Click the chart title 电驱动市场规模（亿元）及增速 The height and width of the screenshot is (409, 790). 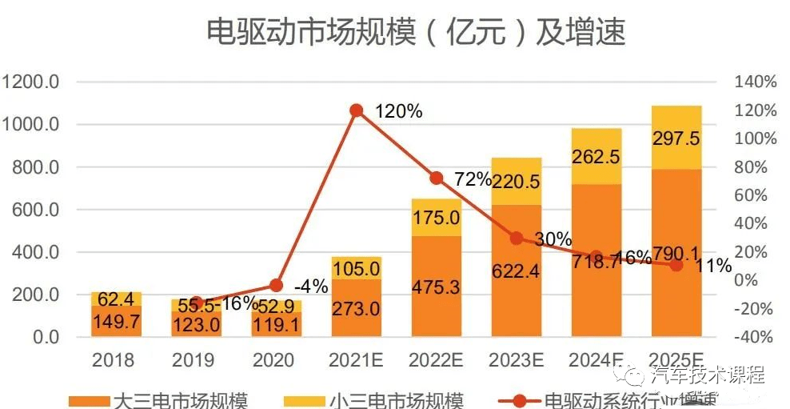(x=415, y=32)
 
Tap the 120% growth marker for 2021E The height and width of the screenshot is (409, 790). (x=357, y=110)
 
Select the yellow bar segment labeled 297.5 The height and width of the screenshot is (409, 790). (x=676, y=137)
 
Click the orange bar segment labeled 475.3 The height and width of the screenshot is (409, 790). (x=436, y=287)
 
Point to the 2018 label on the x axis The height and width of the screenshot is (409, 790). (x=114, y=360)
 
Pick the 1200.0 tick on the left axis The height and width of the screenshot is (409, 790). (x=31, y=82)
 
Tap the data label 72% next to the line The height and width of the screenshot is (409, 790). (x=472, y=179)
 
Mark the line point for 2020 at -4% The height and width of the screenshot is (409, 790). (x=277, y=285)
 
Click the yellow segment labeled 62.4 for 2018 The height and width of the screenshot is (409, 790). (x=116, y=299)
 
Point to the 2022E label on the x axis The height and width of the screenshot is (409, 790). (x=436, y=360)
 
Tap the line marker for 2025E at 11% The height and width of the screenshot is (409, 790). (x=676, y=265)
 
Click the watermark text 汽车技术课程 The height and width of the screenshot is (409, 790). (x=708, y=375)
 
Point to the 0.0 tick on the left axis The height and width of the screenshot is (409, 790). (x=44, y=337)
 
